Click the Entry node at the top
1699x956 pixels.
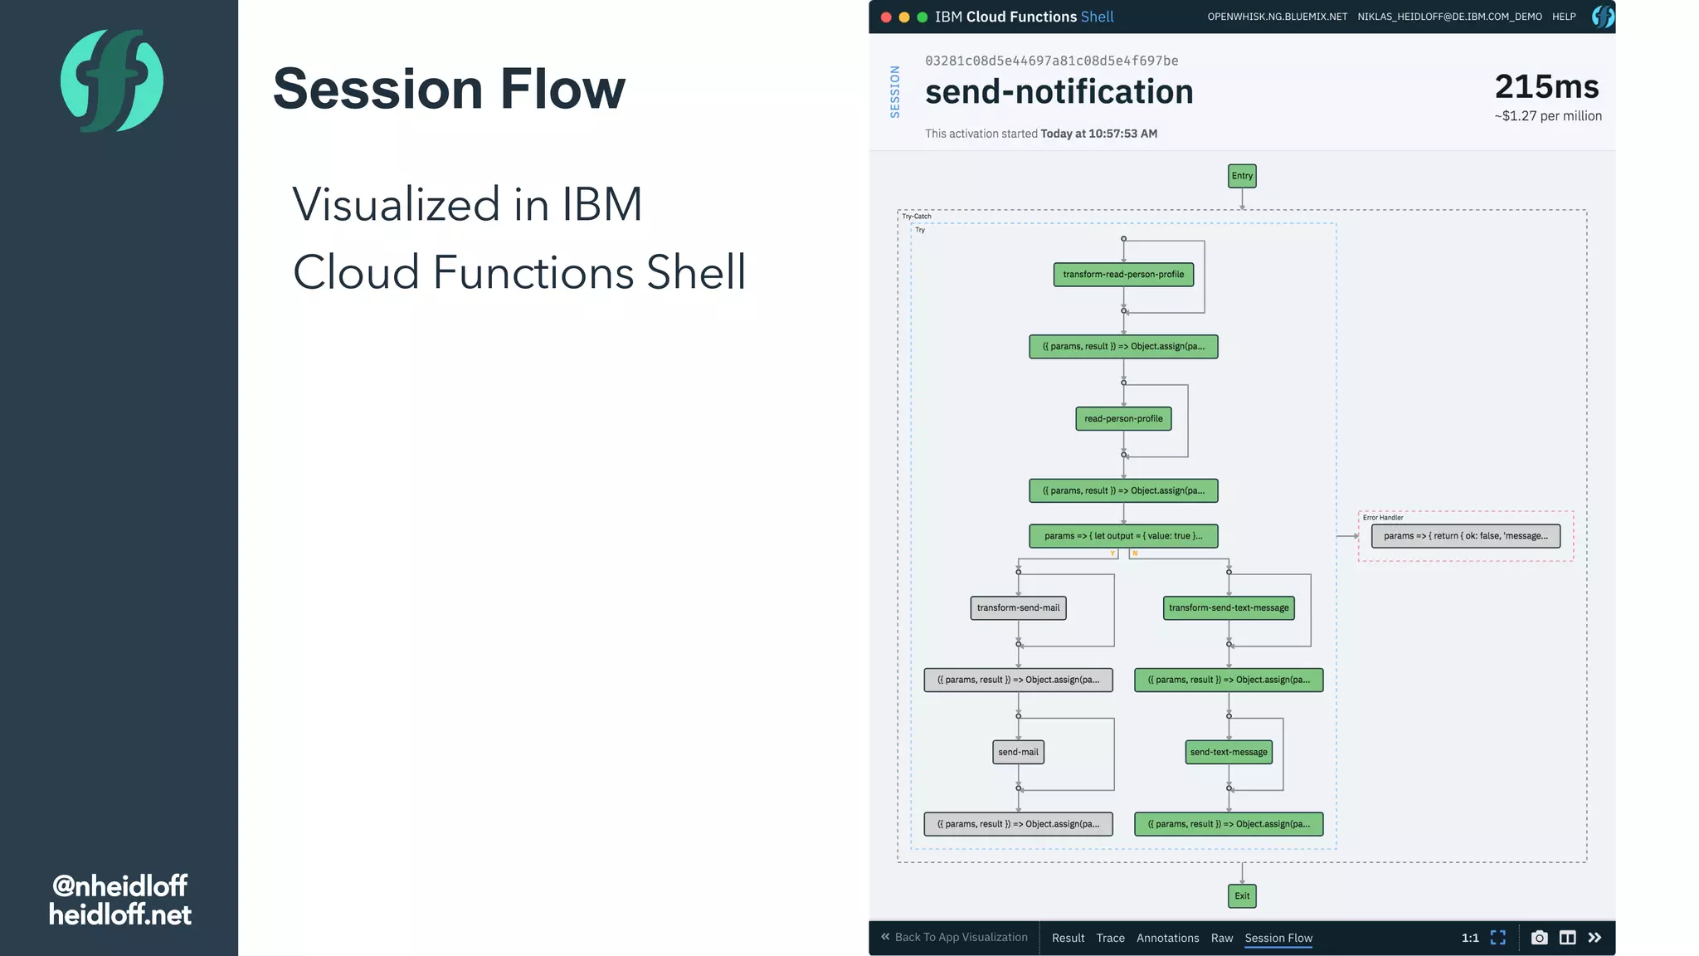tap(1242, 176)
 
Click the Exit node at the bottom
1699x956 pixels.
tap(1242, 895)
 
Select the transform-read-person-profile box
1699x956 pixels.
tap(1123, 275)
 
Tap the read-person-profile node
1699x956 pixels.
tap(1123, 419)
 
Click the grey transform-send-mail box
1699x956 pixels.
tap(1018, 608)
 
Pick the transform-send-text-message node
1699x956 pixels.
tap(1229, 608)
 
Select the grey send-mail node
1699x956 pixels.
tap(1018, 753)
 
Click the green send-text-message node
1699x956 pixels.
tap(1229, 753)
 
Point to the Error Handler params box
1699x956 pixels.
tap(1465, 536)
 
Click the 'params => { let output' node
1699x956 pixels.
tap(1123, 536)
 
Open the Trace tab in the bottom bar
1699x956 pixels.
tap(1110, 938)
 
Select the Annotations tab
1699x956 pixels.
tap(1167, 938)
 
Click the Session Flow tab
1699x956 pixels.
tap(1278, 938)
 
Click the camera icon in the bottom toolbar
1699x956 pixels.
tap(1539, 938)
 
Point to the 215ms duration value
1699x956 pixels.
tap(1546, 87)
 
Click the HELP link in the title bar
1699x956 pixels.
tap(1564, 17)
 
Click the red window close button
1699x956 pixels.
tap(886, 17)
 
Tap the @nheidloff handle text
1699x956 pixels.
tap(120, 885)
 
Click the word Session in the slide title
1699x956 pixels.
tap(377, 89)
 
